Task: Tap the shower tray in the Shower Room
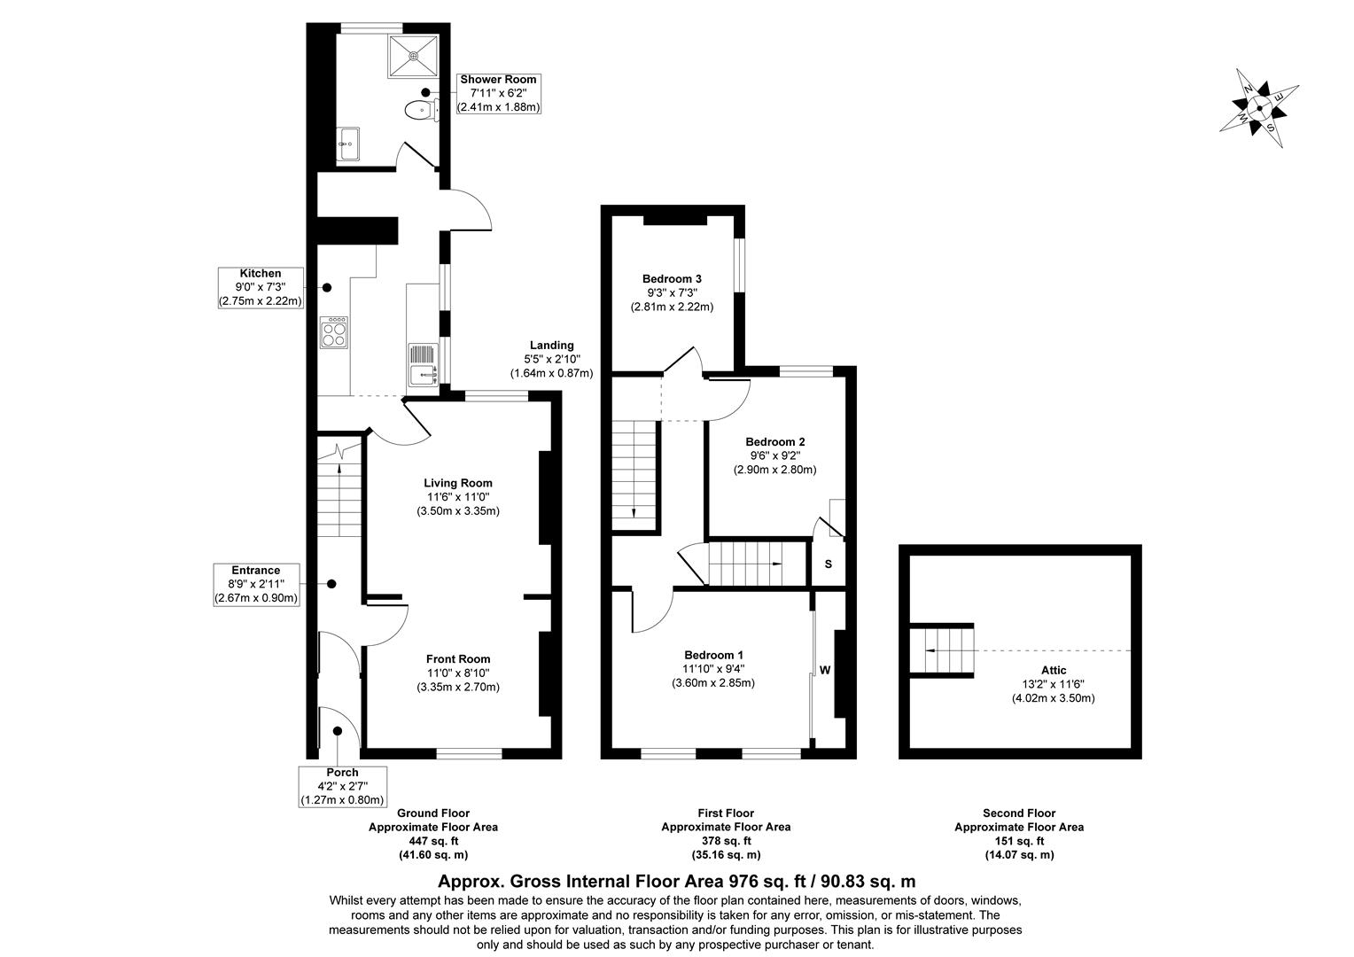click(x=413, y=55)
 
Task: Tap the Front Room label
click(x=457, y=658)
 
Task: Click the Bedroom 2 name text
click(x=774, y=441)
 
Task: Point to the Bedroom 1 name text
click(x=712, y=655)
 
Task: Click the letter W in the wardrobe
click(x=824, y=671)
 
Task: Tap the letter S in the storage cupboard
click(x=829, y=564)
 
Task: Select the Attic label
click(x=1054, y=670)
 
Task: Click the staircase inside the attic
click(x=943, y=649)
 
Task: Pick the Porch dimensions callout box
click(x=342, y=786)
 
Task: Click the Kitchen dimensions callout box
click(x=261, y=287)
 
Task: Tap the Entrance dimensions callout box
click(x=256, y=584)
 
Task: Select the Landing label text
click(x=551, y=346)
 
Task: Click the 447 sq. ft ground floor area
click(x=432, y=841)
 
